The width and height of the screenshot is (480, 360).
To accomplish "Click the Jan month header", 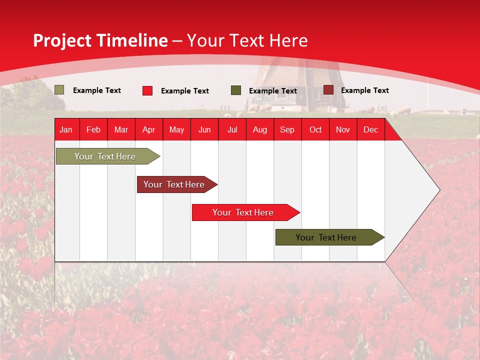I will [x=66, y=130].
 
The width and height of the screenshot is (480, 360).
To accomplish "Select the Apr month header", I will [x=148, y=130].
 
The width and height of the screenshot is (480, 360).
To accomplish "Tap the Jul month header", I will [x=232, y=130].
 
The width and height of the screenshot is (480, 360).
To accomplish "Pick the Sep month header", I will [x=287, y=130].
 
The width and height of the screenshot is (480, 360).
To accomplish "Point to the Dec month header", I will [x=370, y=130].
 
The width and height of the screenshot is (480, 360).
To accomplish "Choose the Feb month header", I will [x=93, y=130].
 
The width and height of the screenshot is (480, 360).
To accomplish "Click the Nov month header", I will [x=342, y=130].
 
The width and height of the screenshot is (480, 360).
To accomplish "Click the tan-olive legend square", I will [x=59, y=90].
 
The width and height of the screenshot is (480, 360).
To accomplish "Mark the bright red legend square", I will [x=147, y=90].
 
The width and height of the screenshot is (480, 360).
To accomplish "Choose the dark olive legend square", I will [x=236, y=90].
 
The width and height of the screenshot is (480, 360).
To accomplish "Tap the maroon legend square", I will [x=328, y=90].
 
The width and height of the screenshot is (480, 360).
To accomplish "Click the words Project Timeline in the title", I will [x=100, y=40].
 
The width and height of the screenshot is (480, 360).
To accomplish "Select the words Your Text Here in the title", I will [x=247, y=40].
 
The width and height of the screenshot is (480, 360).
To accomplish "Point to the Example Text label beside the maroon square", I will [x=364, y=90].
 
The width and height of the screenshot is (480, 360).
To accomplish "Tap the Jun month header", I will [x=204, y=130].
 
